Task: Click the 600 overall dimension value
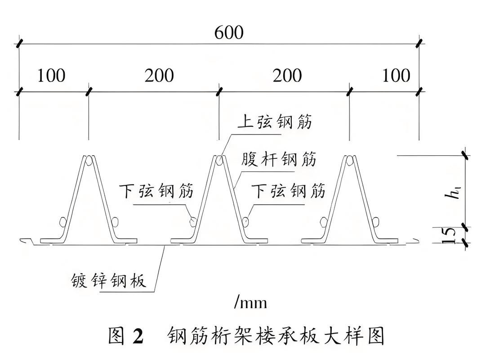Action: point(229,33)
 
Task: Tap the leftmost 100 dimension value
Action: point(51,76)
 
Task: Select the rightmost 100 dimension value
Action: point(396,76)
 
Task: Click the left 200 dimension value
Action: point(159,76)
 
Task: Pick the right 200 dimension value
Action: point(287,76)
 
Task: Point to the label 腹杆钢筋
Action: point(278,160)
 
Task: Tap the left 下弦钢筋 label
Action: point(156,191)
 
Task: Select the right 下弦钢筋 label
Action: point(288,191)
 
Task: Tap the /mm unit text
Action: point(250,302)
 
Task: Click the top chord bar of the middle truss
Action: point(219,160)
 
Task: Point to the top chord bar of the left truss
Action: point(88,160)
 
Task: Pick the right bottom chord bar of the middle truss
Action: point(246,221)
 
